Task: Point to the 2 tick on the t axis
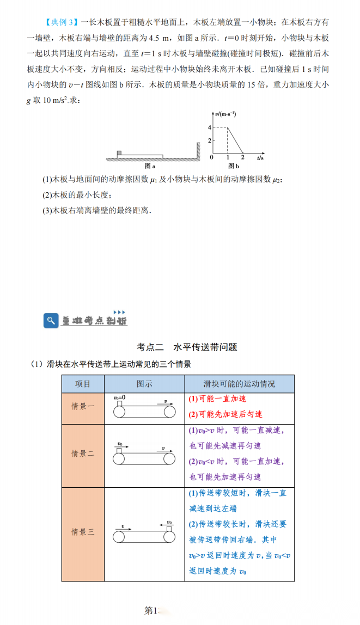[x=242, y=157]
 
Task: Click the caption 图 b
[x=233, y=166]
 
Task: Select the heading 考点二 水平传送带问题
[x=187, y=347]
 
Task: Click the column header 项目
[x=83, y=384]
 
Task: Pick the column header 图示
[x=144, y=384]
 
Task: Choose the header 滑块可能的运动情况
[x=240, y=384]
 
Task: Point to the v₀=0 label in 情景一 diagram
[x=120, y=398]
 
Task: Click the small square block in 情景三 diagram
[x=169, y=528]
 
